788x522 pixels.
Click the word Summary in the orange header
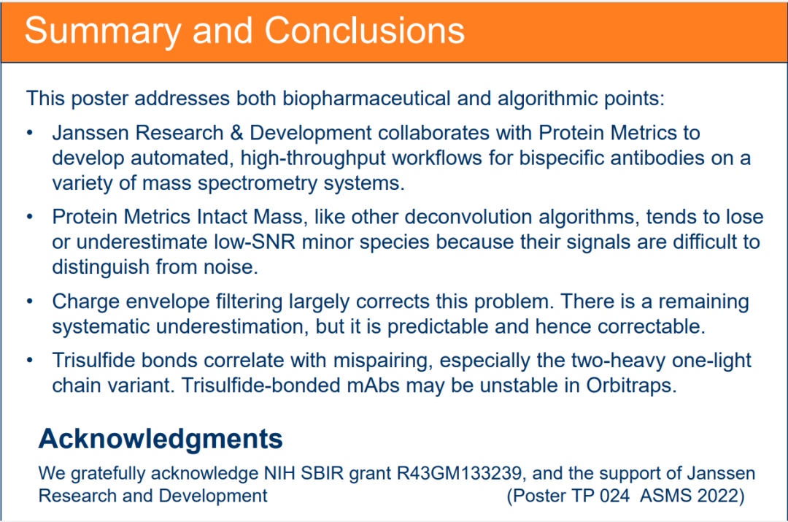(103, 31)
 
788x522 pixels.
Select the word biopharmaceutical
(366, 99)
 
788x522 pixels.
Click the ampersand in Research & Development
(236, 134)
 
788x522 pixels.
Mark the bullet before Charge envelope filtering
(30, 302)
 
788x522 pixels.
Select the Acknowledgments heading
(161, 439)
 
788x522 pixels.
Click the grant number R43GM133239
(460, 473)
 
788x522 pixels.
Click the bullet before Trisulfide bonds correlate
(30, 361)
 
